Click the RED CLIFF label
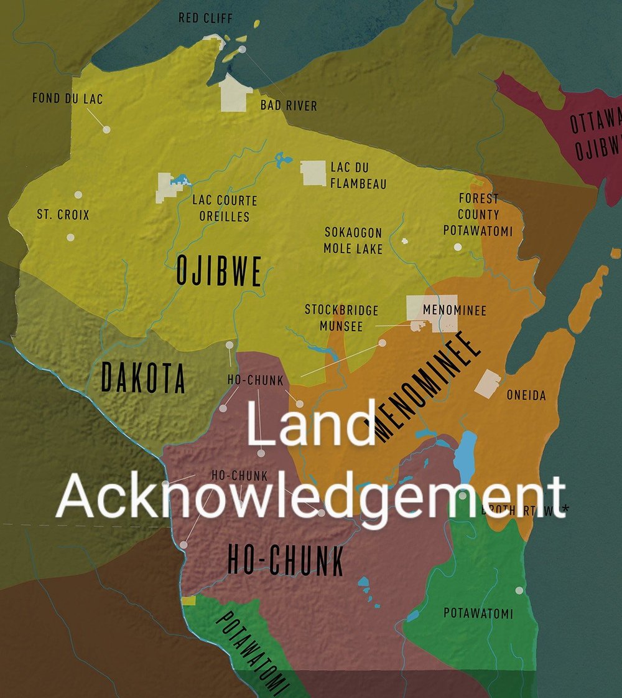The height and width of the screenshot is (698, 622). click(x=205, y=17)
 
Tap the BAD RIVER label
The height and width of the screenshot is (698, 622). click(x=288, y=106)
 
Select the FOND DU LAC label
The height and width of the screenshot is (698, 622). click(x=67, y=98)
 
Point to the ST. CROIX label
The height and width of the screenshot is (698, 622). click(x=63, y=215)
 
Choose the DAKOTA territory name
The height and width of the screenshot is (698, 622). click(x=143, y=377)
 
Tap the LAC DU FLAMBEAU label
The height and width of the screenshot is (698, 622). click(x=358, y=176)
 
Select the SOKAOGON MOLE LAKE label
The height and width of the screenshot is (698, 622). click(x=353, y=240)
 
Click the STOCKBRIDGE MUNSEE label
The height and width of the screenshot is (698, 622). click(x=341, y=318)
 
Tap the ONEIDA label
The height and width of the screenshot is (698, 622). click(x=526, y=395)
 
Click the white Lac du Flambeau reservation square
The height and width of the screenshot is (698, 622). click(x=313, y=173)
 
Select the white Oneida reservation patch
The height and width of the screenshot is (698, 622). click(x=487, y=384)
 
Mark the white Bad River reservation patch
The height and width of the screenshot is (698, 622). click(x=235, y=93)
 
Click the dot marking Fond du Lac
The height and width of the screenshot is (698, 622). click(x=106, y=130)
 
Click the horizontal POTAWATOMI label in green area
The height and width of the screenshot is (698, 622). click(x=478, y=613)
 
